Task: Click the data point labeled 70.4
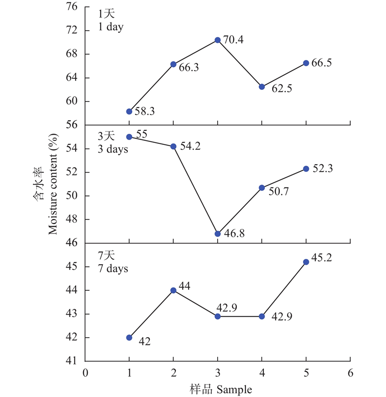coord(218,40)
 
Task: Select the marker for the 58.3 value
coord(129,112)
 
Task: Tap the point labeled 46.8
coord(218,234)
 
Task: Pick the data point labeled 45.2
coord(306,262)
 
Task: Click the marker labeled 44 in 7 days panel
coord(173,290)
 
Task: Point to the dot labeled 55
coord(129,137)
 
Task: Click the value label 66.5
coord(322,63)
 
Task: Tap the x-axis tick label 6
coord(350,372)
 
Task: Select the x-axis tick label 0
coord(85,372)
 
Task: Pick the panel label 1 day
coord(111,27)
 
